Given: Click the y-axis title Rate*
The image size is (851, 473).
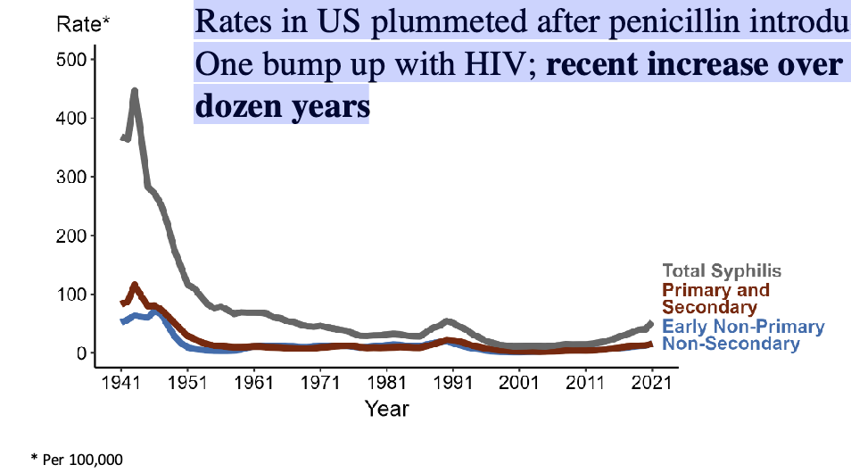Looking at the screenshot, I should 83,24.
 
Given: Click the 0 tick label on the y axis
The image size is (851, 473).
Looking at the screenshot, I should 79,353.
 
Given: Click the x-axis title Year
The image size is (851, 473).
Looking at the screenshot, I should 386,409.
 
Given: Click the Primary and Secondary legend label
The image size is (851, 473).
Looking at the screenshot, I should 715,299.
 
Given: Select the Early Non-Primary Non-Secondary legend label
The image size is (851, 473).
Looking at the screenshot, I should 743,335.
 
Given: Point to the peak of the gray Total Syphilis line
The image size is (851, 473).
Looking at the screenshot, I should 134,91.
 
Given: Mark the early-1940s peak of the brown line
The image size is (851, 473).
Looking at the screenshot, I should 134,286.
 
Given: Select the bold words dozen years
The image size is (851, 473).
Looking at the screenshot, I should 281,106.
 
